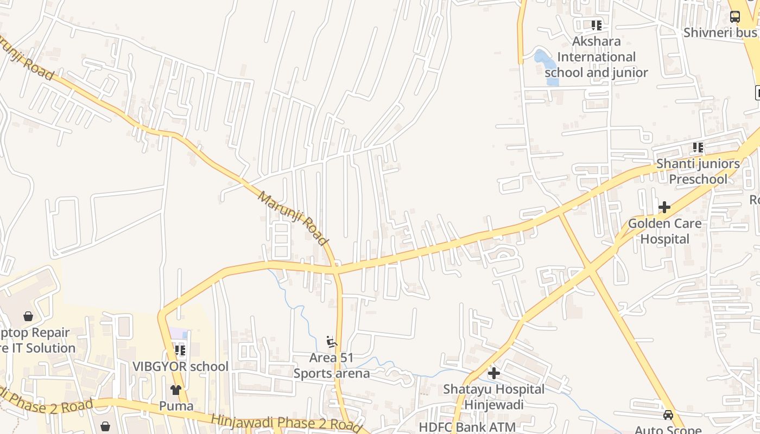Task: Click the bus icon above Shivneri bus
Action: click(734, 17)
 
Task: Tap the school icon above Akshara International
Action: click(597, 25)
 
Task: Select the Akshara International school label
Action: click(596, 57)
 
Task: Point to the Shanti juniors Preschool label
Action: click(698, 171)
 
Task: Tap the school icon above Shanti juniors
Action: click(698, 147)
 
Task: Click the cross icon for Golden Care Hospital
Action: click(664, 207)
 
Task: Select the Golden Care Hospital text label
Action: click(664, 231)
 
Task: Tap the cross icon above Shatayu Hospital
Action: click(493, 373)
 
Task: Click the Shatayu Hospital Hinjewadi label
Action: click(493, 397)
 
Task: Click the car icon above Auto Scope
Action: click(668, 415)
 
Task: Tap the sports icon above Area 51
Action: click(332, 342)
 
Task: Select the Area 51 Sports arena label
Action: click(331, 366)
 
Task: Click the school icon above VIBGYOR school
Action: click(180, 350)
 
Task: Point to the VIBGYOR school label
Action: click(180, 367)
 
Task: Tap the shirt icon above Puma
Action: click(176, 390)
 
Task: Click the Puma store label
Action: click(176, 406)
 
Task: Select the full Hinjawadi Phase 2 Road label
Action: click(286, 423)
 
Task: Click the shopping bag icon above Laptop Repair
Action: click(28, 316)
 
